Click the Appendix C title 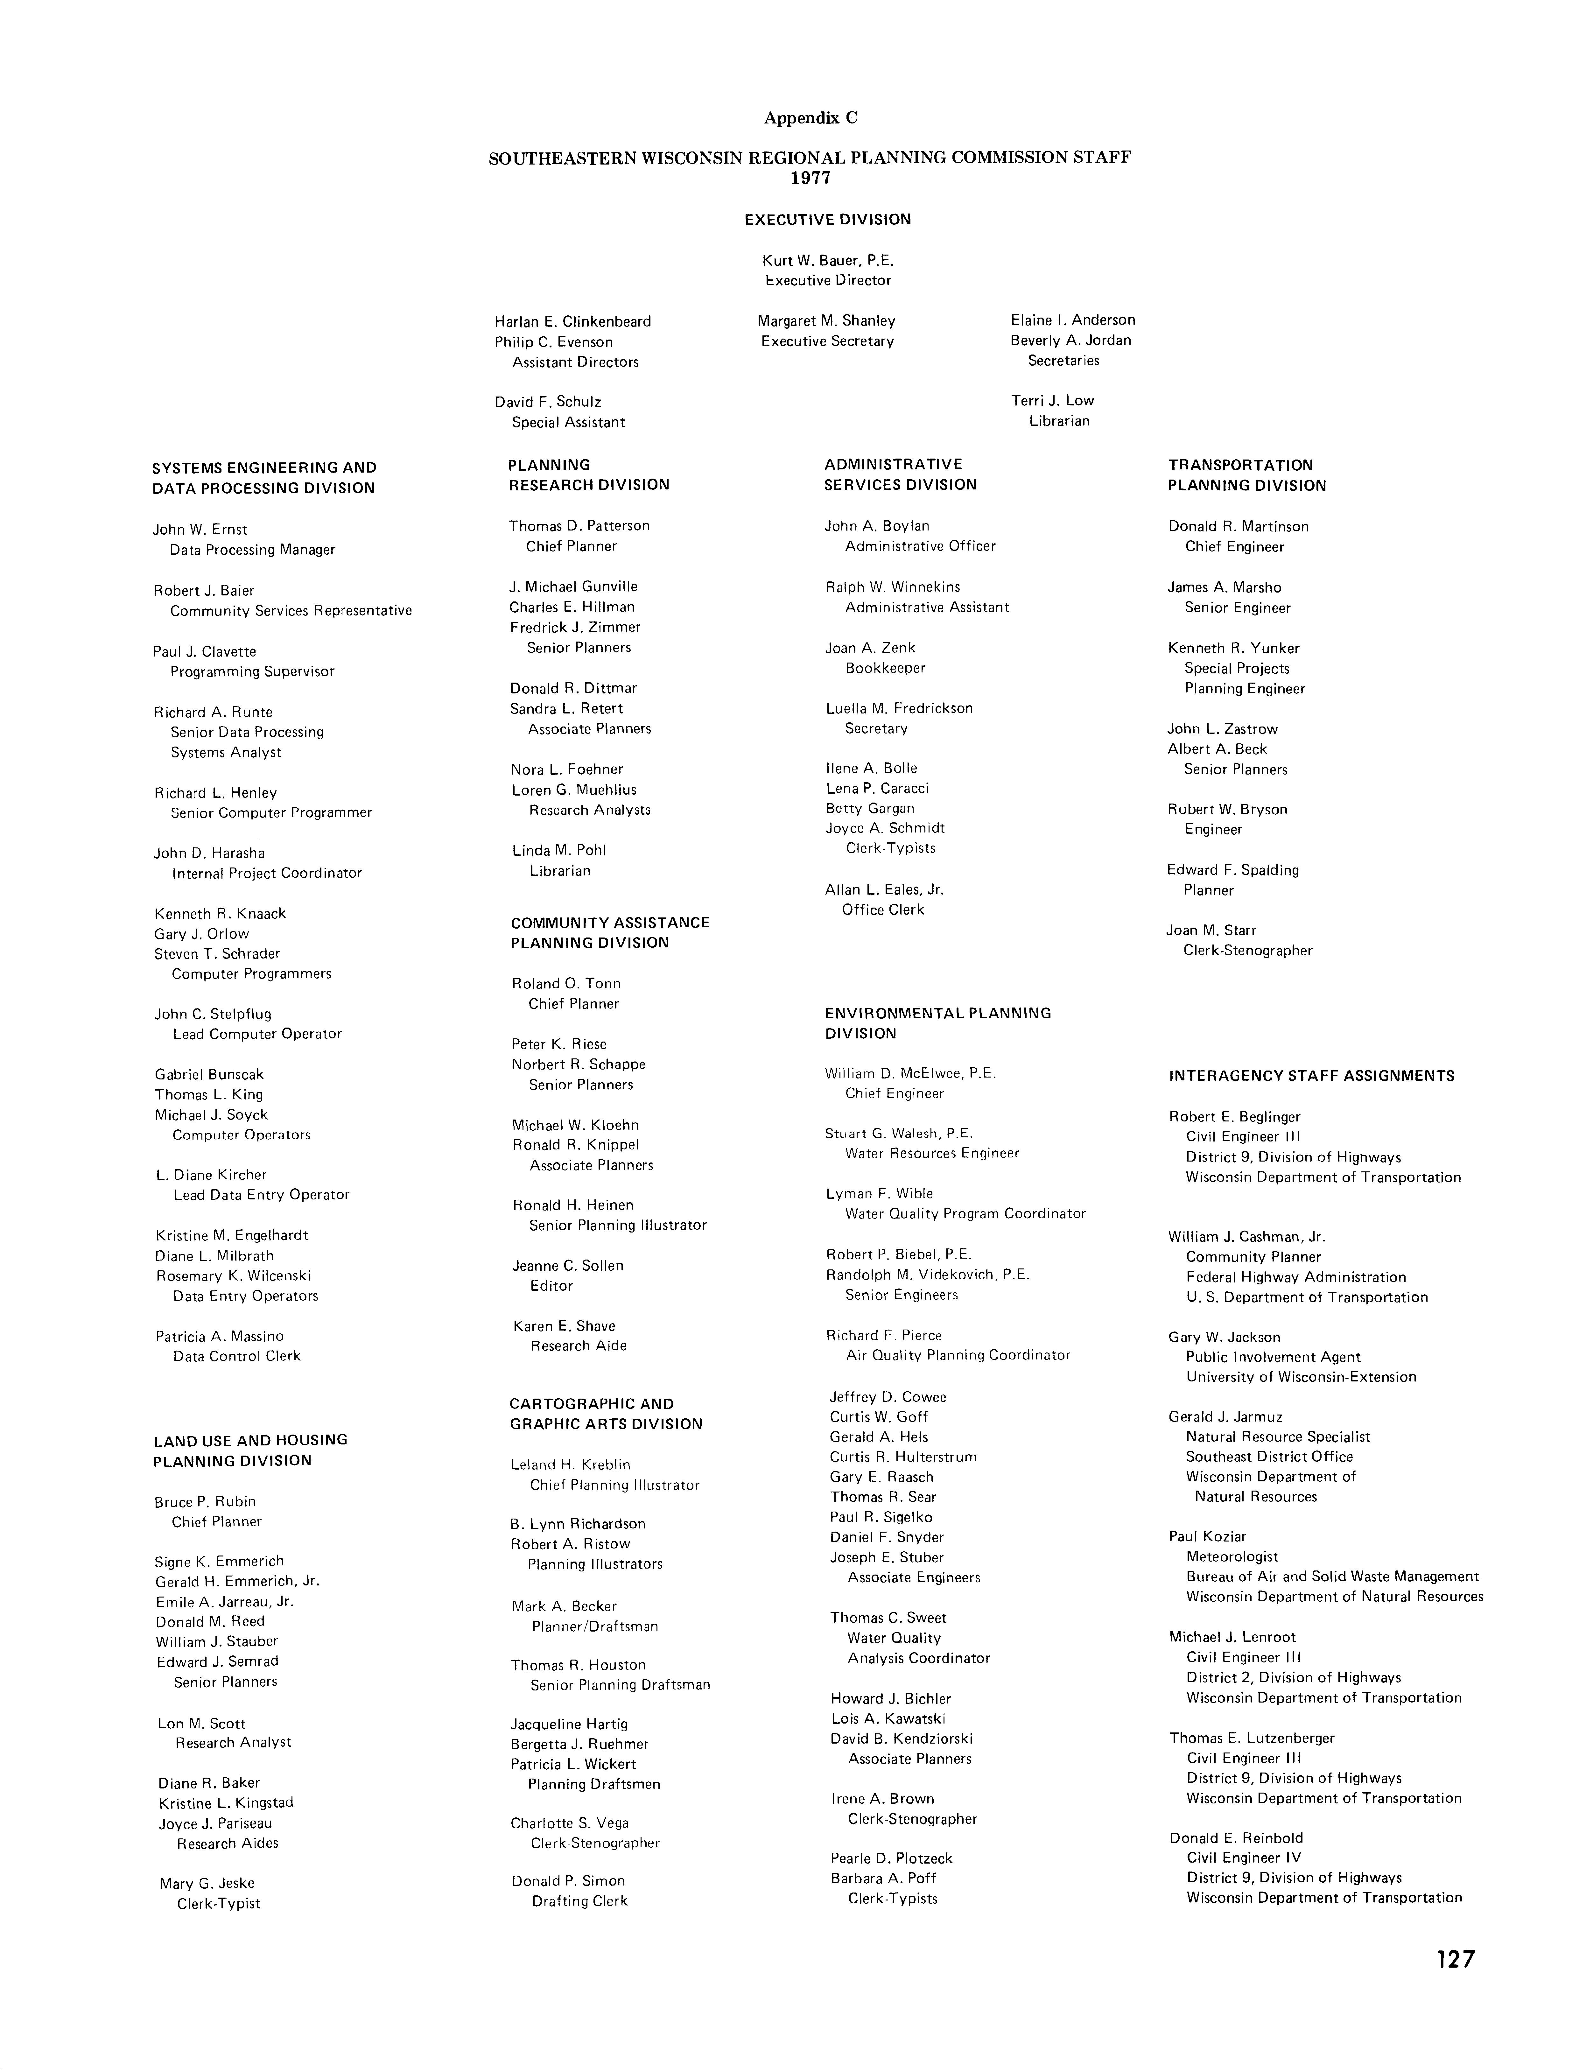[811, 118]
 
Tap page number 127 [1455, 1959]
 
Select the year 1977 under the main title [811, 178]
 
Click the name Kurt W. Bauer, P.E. [828, 260]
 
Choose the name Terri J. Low [1052, 400]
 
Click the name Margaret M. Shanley [826, 320]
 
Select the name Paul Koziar [1208, 1536]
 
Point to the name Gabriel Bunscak [210, 1074]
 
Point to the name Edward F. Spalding [1233, 870]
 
